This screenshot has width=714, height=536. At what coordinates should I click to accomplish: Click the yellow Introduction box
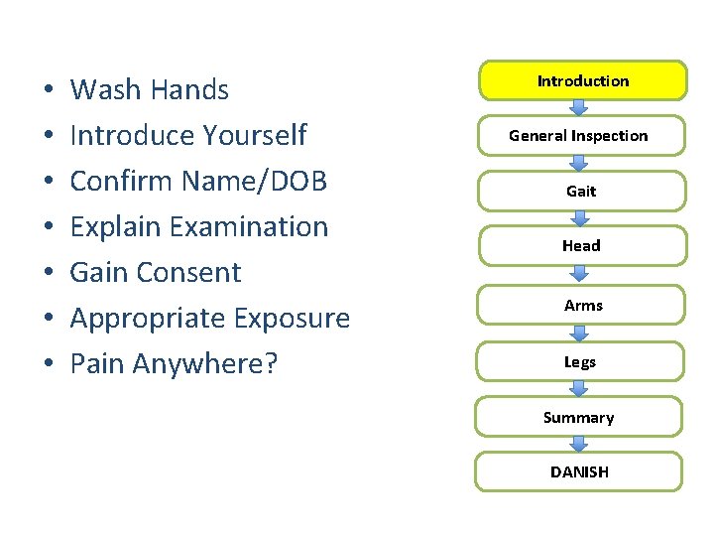pyautogui.click(x=582, y=80)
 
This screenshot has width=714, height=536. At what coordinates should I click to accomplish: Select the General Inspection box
pyautogui.click(x=578, y=136)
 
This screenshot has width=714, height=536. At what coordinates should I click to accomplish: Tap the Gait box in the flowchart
pyautogui.click(x=581, y=191)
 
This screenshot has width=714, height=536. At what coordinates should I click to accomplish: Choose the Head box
pyautogui.click(x=581, y=245)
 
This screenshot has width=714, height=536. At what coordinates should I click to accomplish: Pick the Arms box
pyautogui.click(x=582, y=305)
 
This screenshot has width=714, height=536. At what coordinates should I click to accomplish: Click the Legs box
pyautogui.click(x=580, y=361)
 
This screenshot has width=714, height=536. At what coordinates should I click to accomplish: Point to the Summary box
pyautogui.click(x=578, y=417)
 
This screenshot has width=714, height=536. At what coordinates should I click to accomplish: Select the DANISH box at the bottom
pyautogui.click(x=579, y=471)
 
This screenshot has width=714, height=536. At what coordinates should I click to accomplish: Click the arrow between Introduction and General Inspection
pyautogui.click(x=580, y=108)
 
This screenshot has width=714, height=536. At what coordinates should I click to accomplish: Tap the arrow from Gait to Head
pyautogui.click(x=580, y=218)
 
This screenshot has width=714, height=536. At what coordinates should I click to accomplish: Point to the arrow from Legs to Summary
pyautogui.click(x=580, y=389)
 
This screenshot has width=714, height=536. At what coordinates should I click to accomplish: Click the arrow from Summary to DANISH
pyautogui.click(x=580, y=445)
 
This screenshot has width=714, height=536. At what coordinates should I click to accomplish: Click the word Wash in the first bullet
pyautogui.click(x=104, y=90)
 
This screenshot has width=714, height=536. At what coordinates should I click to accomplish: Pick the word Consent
pyautogui.click(x=196, y=273)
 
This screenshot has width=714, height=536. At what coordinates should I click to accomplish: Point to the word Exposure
pyautogui.click(x=290, y=319)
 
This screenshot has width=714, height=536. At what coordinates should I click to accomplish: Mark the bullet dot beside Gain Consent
pyautogui.click(x=48, y=274)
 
